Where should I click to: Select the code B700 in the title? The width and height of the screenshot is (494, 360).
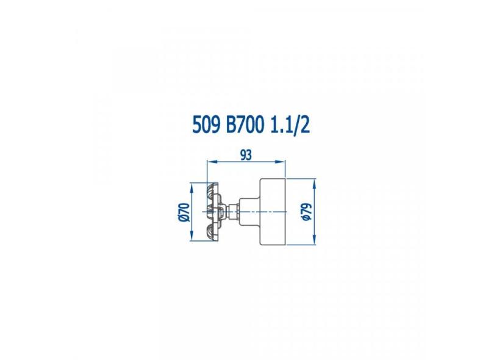tap(245, 126)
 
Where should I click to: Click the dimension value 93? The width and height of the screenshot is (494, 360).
tap(246, 155)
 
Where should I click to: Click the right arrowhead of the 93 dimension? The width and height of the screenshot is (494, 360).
tap(280, 162)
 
